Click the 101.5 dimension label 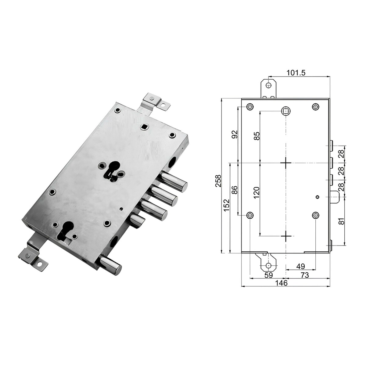tap(296, 73)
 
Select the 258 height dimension tap(219, 181)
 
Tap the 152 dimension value tap(227, 205)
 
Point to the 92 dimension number tap(235, 135)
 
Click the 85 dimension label tap(257, 136)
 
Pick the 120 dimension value tap(257, 192)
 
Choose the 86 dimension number tap(235, 190)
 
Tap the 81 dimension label tap(342, 221)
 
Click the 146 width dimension tap(282, 289)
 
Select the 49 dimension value tap(300, 266)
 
